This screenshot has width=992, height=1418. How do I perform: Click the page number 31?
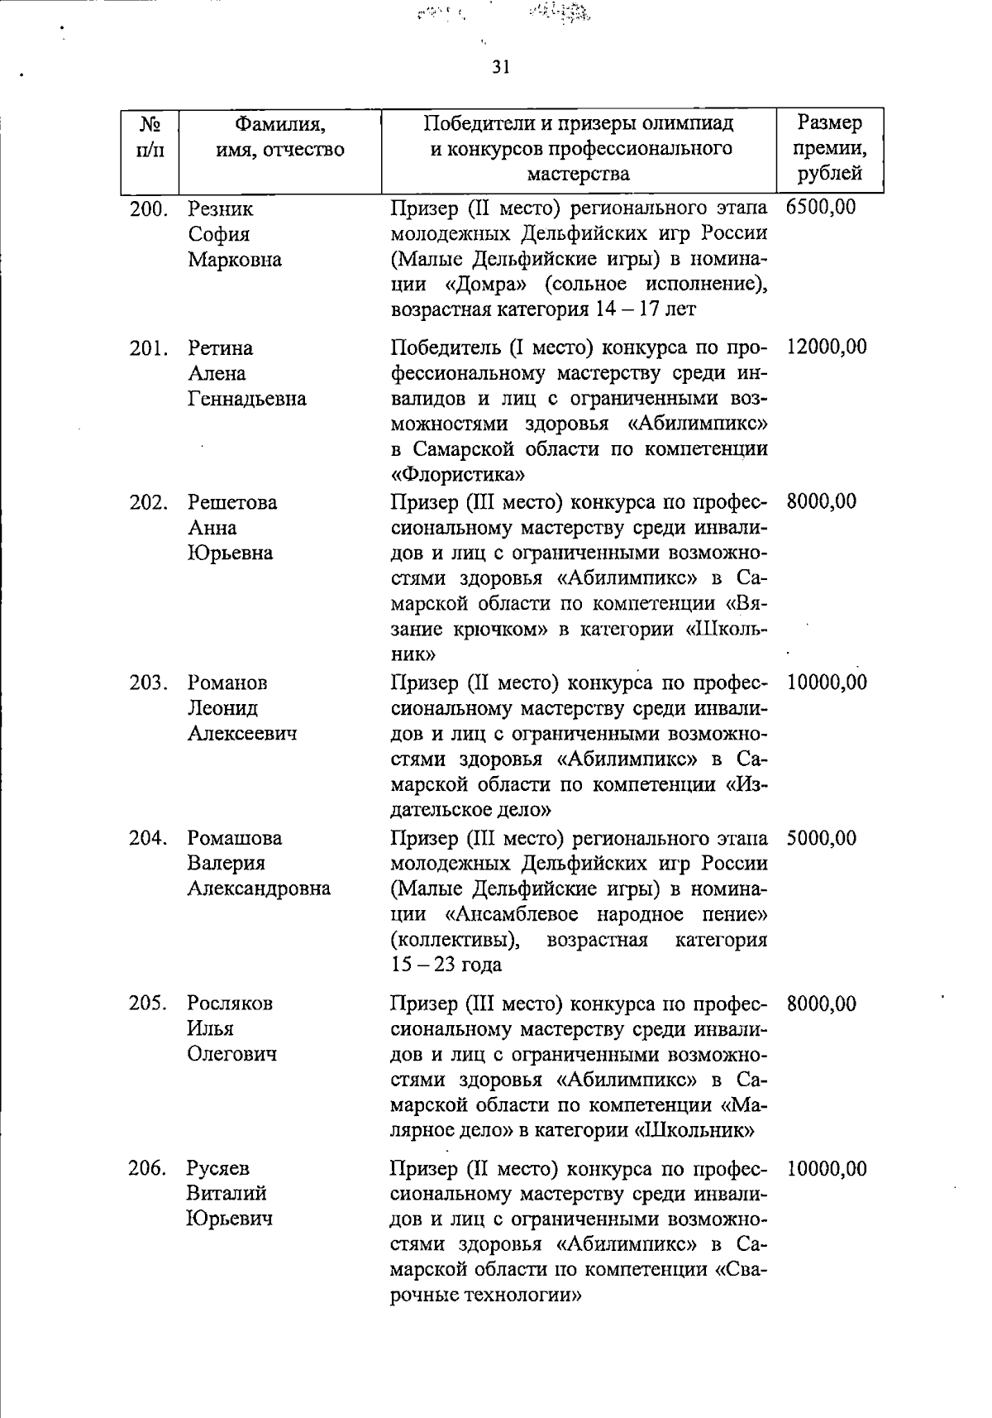500,67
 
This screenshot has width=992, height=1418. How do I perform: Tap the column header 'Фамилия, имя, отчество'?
279,137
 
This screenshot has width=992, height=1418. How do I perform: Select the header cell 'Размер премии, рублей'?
830,148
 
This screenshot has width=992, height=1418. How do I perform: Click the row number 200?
149,208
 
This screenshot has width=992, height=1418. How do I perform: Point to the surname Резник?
221,209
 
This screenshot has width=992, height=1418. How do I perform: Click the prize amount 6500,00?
822,207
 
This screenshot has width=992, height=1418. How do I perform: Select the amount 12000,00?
827,347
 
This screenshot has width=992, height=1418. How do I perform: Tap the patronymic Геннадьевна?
246,399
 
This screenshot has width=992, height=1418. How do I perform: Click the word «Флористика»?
457,476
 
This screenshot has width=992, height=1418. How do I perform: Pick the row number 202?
149,502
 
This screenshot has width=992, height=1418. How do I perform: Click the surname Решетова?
232,503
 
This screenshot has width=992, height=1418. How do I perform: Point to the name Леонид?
222,708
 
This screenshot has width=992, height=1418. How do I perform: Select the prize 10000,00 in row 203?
827,683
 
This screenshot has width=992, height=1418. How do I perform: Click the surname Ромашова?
234,838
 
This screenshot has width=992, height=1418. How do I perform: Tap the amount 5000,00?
822,838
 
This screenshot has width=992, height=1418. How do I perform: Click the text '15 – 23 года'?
446,965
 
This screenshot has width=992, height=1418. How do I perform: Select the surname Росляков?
230,1004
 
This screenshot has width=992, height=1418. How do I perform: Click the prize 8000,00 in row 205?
822,1004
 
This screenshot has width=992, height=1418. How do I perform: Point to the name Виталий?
227,1194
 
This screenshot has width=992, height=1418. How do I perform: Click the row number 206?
149,1168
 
